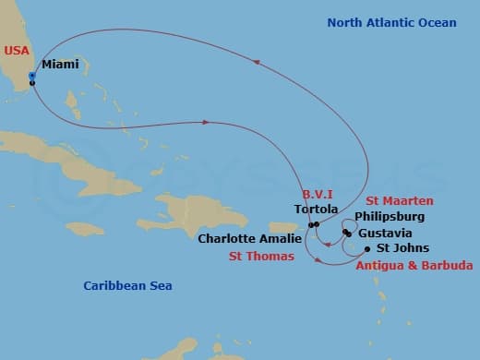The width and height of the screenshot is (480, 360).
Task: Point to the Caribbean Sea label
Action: pyautogui.click(x=127, y=286)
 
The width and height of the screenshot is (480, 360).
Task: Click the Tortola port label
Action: pyautogui.click(x=309, y=210)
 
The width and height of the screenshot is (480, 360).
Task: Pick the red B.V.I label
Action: pyautogui.click(x=318, y=194)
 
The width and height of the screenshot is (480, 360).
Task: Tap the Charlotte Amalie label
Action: pyautogui.click(x=246, y=237)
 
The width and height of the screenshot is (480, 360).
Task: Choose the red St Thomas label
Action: pyautogui.click(x=262, y=256)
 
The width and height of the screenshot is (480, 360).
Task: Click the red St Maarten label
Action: pyautogui.click(x=399, y=200)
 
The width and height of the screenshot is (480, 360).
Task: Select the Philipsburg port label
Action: pyautogui.click(x=390, y=217)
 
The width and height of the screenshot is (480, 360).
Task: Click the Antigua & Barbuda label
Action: pyautogui.click(x=414, y=265)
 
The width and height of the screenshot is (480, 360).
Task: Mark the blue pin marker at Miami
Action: pyautogui.click(x=32, y=76)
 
